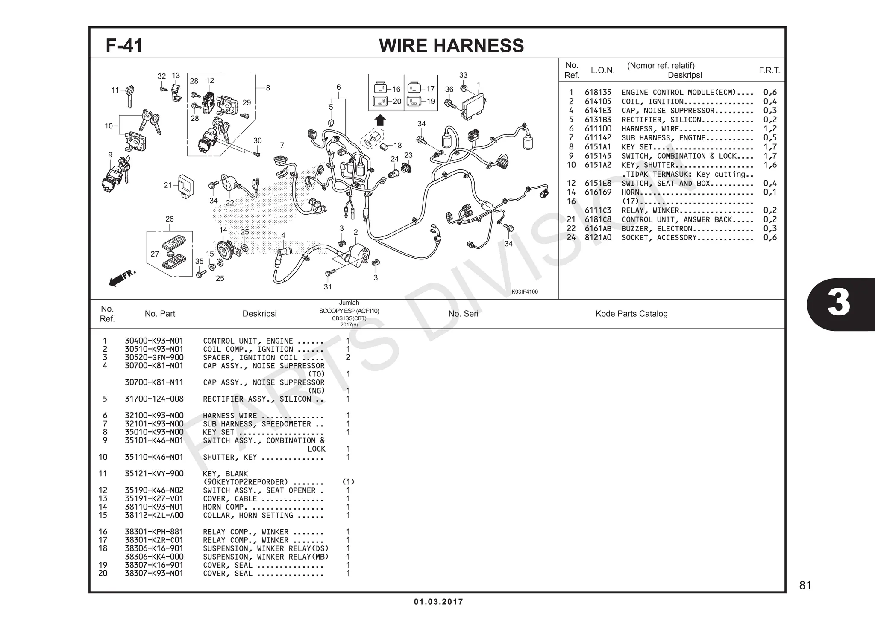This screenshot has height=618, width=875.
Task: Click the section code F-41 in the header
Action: (124, 45)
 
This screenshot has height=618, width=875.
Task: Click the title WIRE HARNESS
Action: (451, 46)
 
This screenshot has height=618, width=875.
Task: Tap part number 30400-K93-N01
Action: (154, 341)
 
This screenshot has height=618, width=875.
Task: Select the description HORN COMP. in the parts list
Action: (223, 507)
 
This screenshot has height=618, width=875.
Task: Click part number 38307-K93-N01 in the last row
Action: (154, 573)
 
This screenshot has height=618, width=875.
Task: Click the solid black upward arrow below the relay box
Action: (380, 120)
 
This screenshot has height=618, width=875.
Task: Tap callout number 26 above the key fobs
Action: (169, 219)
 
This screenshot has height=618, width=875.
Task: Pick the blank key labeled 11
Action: (128, 96)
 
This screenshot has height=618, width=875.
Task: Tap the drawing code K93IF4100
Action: (525, 292)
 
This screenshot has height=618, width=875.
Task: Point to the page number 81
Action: (805, 585)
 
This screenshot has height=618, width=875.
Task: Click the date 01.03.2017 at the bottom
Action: (438, 602)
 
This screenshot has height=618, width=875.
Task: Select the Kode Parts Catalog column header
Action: (631, 314)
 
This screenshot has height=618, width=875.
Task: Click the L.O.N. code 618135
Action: (598, 92)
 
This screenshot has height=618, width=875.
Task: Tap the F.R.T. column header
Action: (769, 70)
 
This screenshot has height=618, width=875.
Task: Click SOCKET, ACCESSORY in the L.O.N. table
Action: (658, 238)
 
